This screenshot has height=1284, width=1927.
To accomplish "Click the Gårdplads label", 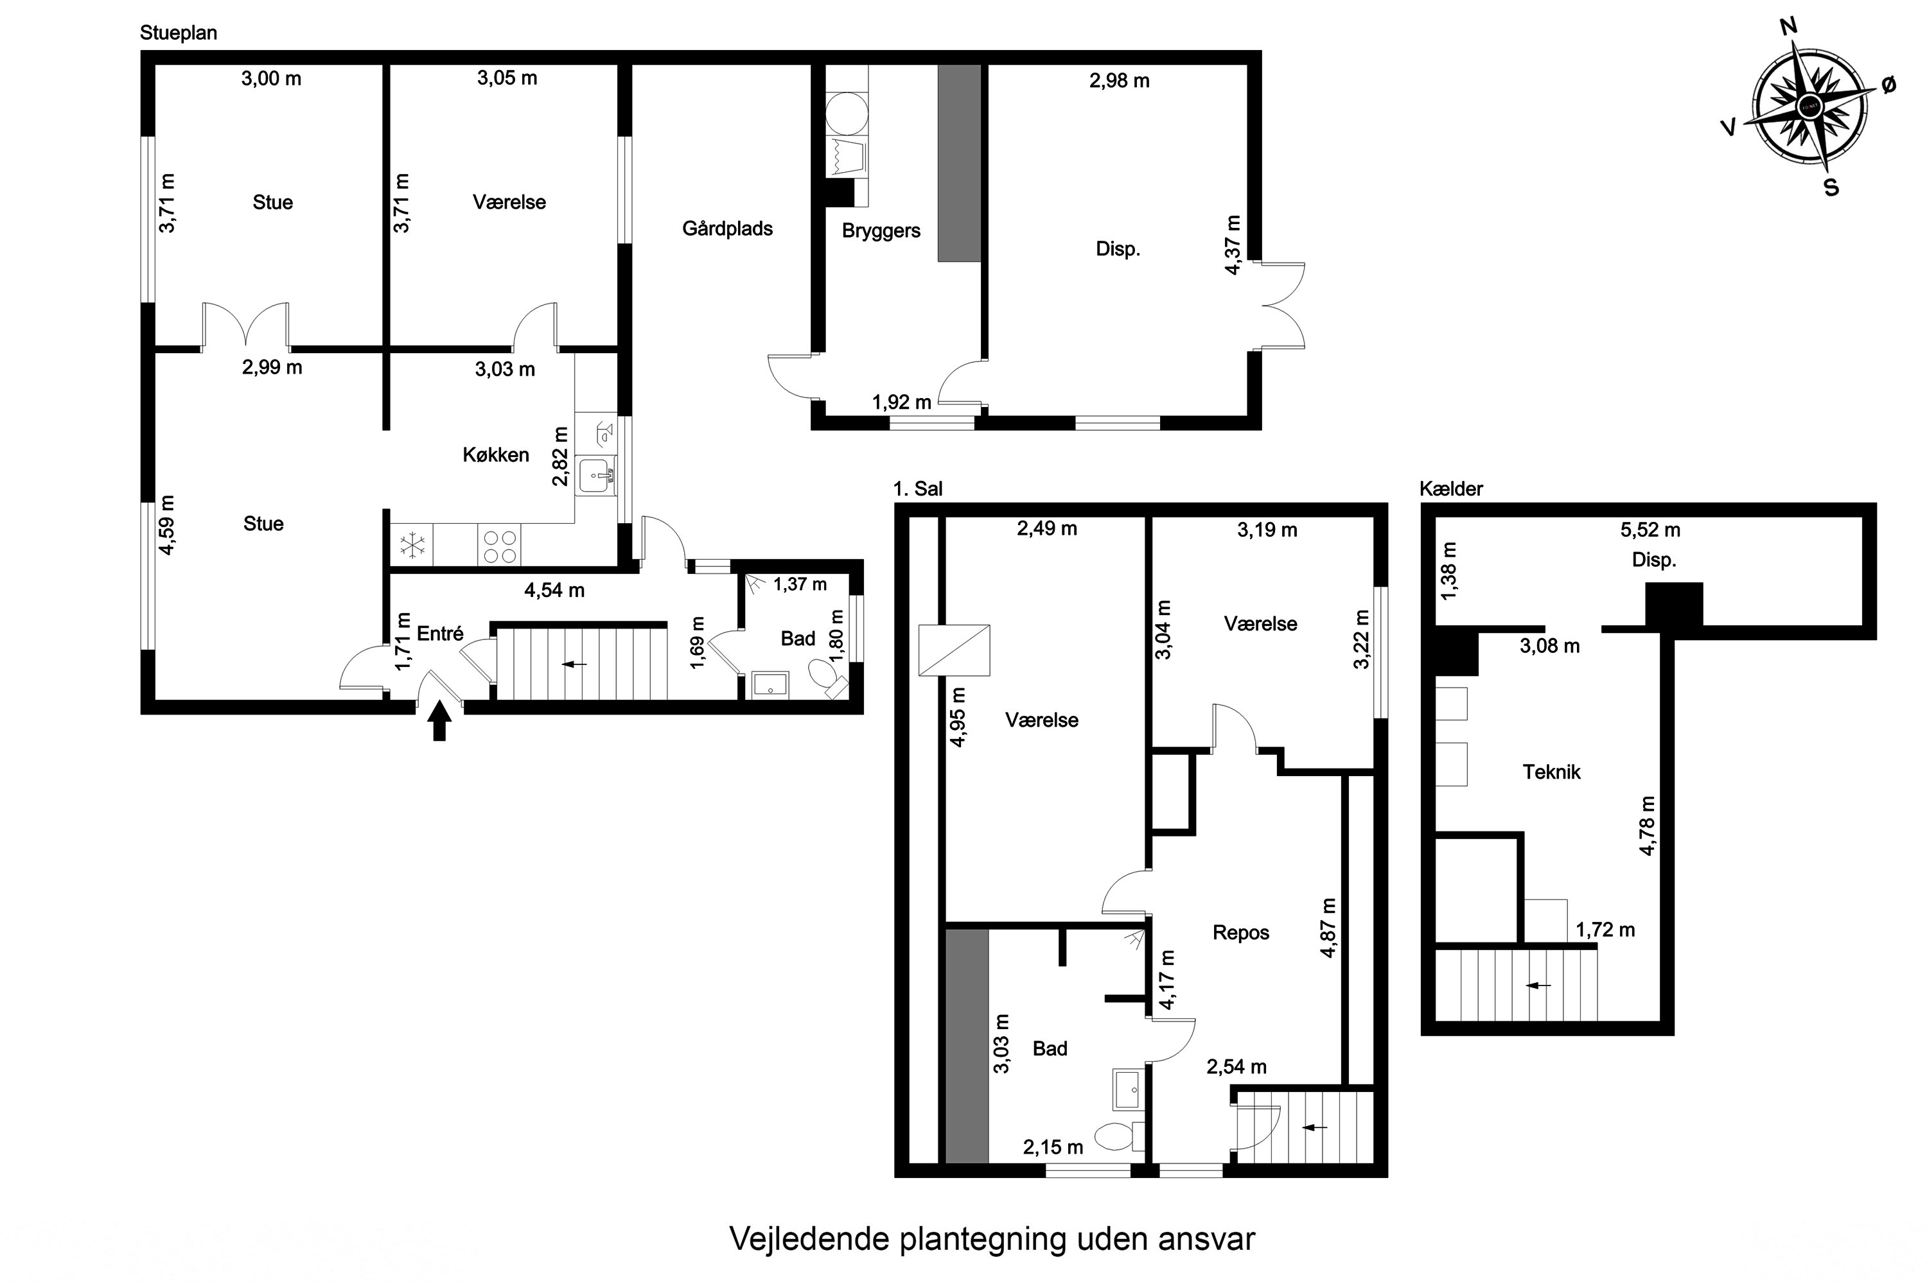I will [728, 229].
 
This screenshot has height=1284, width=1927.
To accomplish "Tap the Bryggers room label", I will [881, 231].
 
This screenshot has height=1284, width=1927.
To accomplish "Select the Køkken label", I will [496, 455].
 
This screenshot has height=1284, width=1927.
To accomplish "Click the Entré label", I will [440, 633].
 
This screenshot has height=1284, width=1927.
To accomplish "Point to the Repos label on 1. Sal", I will [1240, 933].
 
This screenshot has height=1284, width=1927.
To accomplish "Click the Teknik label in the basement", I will [1551, 772].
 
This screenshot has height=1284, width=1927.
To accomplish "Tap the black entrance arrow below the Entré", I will [440, 722].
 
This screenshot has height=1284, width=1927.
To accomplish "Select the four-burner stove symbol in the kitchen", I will [500, 546].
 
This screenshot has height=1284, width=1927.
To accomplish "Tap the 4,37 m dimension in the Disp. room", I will [1232, 245].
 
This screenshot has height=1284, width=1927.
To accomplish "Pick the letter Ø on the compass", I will [1888, 85].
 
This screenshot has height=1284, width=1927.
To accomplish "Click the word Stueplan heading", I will [179, 33].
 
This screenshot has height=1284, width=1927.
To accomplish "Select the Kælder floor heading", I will [1451, 489].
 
